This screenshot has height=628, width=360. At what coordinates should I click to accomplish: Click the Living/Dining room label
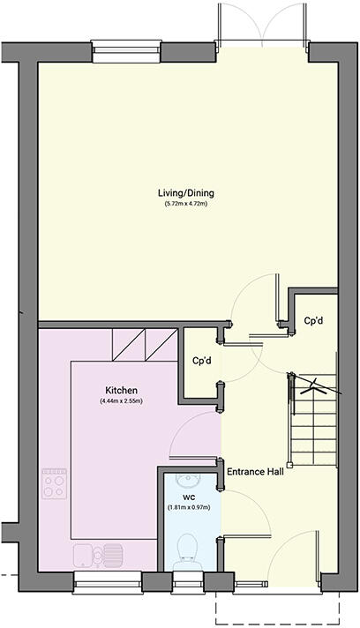click(x=186, y=193)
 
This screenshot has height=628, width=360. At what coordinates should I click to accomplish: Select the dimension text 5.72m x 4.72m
click(x=186, y=205)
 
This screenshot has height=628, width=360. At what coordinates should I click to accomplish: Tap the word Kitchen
click(x=121, y=390)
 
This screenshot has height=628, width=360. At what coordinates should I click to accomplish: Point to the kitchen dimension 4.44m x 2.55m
click(x=121, y=401)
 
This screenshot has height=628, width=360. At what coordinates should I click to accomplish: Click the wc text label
click(x=189, y=497)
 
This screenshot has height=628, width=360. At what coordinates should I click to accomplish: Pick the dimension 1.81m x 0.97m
click(x=189, y=508)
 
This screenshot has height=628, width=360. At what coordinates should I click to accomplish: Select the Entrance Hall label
click(x=255, y=472)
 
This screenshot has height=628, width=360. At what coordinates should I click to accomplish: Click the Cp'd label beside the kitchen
click(x=200, y=361)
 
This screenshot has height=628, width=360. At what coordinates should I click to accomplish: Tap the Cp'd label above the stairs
click(x=312, y=321)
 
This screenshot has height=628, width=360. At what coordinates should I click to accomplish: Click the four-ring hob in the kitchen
click(x=54, y=482)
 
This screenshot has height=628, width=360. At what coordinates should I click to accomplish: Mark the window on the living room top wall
click(x=120, y=52)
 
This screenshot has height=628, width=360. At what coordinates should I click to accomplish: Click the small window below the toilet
click(x=188, y=579)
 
